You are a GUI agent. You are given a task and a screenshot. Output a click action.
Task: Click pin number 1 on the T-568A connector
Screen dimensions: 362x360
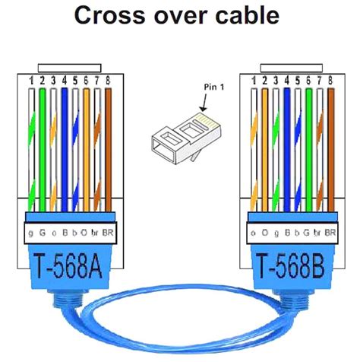pos(31,79)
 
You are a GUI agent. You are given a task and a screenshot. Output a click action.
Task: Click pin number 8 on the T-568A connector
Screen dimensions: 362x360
pos(109,79)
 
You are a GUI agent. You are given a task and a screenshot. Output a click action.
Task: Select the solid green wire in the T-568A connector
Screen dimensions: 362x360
pos(43,144)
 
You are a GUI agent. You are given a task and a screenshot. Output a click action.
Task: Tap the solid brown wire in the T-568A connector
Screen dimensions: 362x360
pos(109,144)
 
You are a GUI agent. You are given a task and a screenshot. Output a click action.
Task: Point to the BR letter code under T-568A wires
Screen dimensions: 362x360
pos(108,231)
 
